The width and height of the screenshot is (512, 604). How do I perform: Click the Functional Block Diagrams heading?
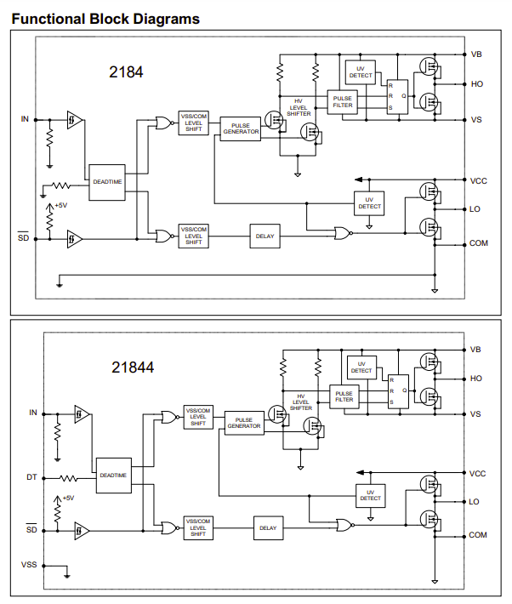tap(105, 18)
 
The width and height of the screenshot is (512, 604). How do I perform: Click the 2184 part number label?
tap(126, 73)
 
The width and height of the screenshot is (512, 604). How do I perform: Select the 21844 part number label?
tap(133, 368)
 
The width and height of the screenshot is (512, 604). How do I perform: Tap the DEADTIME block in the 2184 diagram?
tap(107, 182)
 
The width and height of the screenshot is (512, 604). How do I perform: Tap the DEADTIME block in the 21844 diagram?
tap(113, 476)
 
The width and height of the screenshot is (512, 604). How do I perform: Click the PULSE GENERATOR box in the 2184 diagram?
tap(241, 128)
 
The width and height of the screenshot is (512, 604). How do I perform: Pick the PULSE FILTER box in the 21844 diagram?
tap(344, 396)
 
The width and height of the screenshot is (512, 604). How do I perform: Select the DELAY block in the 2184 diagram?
tap(265, 236)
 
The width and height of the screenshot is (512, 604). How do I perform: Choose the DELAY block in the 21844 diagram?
tap(268, 528)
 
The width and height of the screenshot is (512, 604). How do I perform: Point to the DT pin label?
tap(31, 476)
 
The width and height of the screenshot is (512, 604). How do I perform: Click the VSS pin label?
tap(30, 564)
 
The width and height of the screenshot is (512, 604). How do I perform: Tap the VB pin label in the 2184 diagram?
tap(476, 54)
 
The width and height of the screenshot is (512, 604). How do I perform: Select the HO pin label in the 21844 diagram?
tap(475, 379)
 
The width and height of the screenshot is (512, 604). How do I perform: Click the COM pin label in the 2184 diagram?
tap(479, 243)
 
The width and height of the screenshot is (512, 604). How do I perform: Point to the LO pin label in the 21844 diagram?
tap(475, 502)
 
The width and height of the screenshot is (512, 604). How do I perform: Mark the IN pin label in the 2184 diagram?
tap(25, 119)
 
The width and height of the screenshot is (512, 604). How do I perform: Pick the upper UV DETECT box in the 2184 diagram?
tap(361, 72)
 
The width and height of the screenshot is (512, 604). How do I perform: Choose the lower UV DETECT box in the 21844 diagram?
tap(370, 495)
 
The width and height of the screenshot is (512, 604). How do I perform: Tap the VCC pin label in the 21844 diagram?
tap(478, 473)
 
